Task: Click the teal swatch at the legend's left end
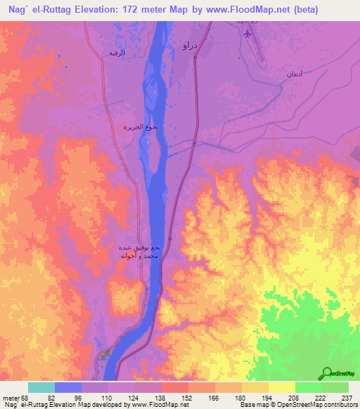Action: (x=41, y=387)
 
